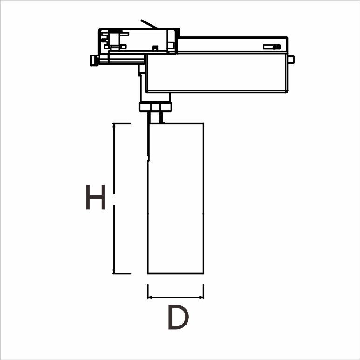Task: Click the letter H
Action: [x=96, y=197]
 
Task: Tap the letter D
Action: [x=178, y=318]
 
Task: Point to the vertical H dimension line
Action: [x=115, y=198]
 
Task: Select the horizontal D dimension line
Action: [x=175, y=297]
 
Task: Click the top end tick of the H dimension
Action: [x=121, y=123]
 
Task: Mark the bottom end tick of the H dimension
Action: [x=121, y=273]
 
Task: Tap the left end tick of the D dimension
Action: [x=147, y=291]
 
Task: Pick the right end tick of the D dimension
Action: [x=203, y=291]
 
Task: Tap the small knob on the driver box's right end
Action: [x=291, y=59]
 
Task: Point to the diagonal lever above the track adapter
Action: [x=149, y=23]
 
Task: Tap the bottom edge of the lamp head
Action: [x=175, y=273]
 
